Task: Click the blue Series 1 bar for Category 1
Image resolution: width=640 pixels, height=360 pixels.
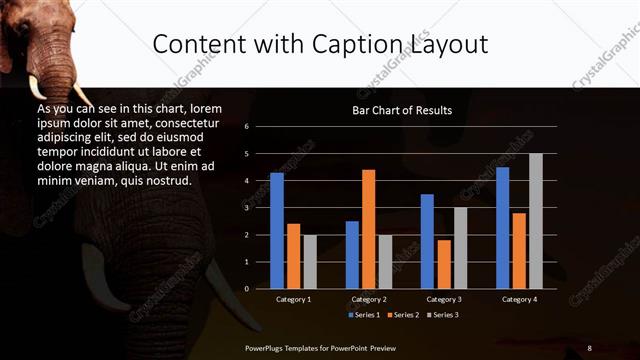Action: tap(277, 231)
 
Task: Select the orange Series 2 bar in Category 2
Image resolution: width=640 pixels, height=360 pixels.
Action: tap(368, 229)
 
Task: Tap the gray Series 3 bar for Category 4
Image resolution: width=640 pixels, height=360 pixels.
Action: tap(535, 221)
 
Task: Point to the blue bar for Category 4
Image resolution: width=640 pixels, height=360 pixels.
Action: tap(502, 228)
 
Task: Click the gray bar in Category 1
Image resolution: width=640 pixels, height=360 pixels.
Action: tap(309, 262)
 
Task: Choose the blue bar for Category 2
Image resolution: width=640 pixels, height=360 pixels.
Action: tap(352, 255)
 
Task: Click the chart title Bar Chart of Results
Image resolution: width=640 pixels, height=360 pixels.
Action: tap(402, 110)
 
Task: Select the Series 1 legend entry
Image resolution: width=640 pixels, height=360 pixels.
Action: tap(365, 315)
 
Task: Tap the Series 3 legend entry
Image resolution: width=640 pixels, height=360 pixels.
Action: tap(444, 315)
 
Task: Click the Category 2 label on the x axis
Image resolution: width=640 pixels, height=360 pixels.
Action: tap(369, 299)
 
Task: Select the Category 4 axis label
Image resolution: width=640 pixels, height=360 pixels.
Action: tap(519, 299)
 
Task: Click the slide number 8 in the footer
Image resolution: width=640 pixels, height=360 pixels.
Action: tap(589, 347)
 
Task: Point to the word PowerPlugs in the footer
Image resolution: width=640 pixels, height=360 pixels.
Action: tap(267, 347)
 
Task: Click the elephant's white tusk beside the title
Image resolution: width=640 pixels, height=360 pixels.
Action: tap(38, 87)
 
